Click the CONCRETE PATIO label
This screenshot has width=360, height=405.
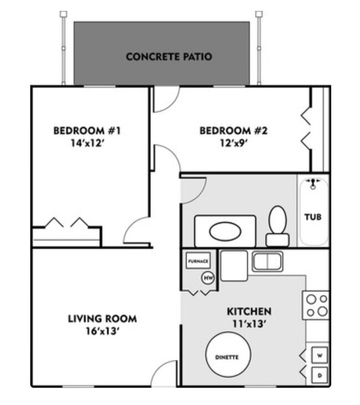point(169,56)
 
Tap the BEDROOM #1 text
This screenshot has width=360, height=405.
point(86,131)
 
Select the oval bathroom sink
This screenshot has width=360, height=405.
point(225,231)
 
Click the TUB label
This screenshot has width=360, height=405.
point(313,217)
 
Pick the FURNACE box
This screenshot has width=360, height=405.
point(198,261)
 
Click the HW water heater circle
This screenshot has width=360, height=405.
point(208,278)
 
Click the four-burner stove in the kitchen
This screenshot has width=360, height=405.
point(316,305)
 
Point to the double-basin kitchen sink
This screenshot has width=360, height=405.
point(268,261)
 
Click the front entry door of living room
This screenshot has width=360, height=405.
point(165,375)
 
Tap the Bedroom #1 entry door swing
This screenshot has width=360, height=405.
point(137,231)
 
